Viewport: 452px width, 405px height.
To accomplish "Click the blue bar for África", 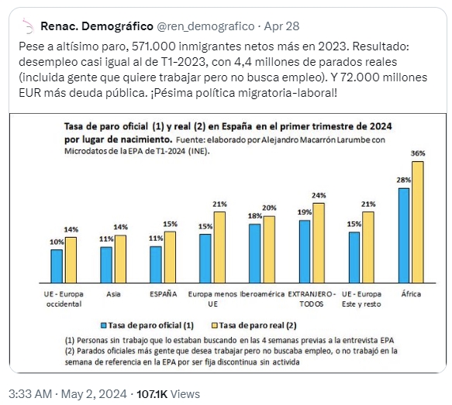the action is pos(404,235).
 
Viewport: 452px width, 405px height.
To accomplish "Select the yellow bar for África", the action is pos(418,222).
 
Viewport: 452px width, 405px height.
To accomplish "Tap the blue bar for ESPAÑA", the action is pos(156,265).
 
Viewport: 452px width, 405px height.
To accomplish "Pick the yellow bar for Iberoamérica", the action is pos(269,249).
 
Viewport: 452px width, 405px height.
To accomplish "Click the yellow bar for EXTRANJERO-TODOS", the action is pos(319,243).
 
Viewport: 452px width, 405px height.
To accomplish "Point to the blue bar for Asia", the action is pos(106,265).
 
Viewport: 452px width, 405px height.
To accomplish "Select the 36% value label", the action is pos(418,153).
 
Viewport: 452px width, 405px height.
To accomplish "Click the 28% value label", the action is pos(404,180).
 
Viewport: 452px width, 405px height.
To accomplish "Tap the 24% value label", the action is pos(319,196).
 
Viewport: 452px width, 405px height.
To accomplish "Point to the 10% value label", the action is pos(57,242).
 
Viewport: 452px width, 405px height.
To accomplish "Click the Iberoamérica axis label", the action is pos(262,294).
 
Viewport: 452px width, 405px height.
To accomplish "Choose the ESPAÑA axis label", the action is pos(163,294).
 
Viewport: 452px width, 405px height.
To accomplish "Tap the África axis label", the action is pos(411,294).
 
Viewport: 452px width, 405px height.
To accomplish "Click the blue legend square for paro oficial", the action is pos(103,325).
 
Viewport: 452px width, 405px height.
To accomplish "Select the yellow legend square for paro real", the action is pos(215,325).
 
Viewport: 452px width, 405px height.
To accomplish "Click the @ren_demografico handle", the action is pos(205,26).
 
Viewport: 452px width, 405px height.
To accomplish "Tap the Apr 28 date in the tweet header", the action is pos(281,26).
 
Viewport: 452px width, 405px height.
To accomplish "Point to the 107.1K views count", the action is pos(152,394).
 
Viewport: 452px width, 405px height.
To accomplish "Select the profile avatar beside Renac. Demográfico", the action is pos(28,26).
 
